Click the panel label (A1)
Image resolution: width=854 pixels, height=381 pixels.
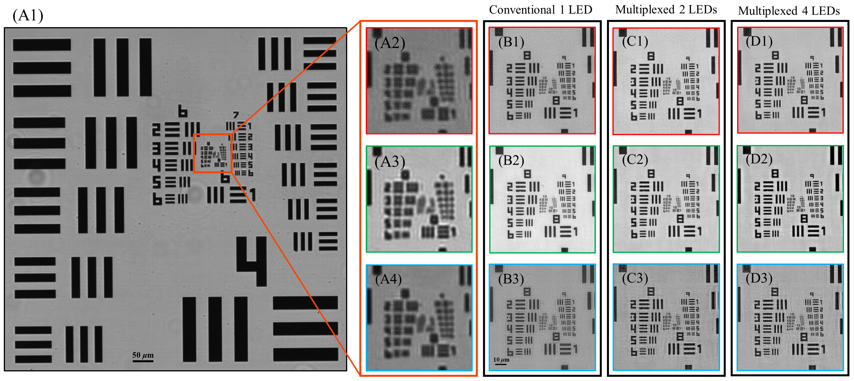click(x=28, y=16)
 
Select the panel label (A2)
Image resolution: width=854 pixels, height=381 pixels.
click(x=390, y=43)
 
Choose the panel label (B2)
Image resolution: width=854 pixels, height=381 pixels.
click(x=511, y=160)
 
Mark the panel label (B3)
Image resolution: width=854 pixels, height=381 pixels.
click(x=511, y=279)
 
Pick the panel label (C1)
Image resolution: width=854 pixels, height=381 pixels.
click(x=635, y=41)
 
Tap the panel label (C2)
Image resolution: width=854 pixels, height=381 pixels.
click(x=635, y=160)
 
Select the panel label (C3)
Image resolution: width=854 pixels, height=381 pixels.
click(x=635, y=278)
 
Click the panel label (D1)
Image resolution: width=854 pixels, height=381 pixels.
click(x=759, y=41)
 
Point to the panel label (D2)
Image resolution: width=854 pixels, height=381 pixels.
click(x=759, y=159)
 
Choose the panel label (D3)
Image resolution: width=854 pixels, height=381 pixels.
click(x=759, y=278)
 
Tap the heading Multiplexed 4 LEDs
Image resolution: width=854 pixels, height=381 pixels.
click(x=789, y=11)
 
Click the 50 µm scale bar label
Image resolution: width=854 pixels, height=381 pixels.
click(x=143, y=355)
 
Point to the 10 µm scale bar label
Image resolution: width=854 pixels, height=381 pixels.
click(x=501, y=360)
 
